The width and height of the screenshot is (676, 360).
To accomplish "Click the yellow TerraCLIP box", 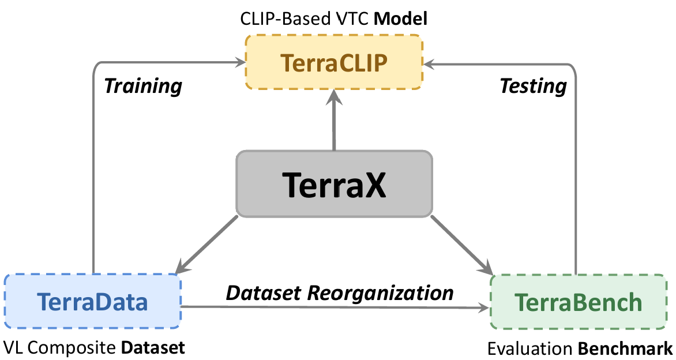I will point(334,62).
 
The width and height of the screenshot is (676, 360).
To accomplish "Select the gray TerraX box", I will point(334,184).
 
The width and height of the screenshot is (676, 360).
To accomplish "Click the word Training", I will point(143,86).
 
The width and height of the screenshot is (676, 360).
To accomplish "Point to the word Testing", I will point(533,86).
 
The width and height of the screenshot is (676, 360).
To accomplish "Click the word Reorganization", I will point(380,292).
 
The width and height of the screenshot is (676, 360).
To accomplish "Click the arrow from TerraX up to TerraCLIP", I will point(334,121).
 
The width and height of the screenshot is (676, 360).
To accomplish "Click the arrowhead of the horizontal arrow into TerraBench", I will point(483,307).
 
